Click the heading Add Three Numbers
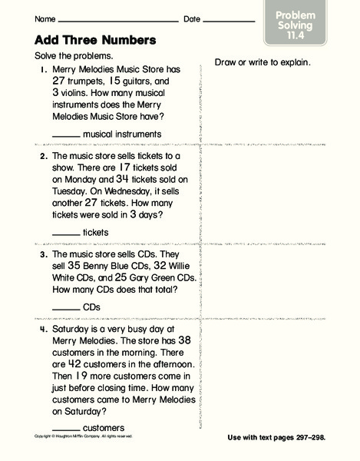pyautogui.click(x=91, y=39)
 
